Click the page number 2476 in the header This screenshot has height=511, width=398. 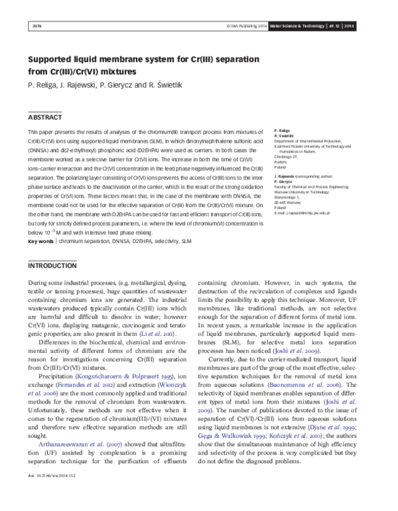click(37, 26)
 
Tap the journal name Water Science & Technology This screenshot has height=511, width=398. click(308, 26)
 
